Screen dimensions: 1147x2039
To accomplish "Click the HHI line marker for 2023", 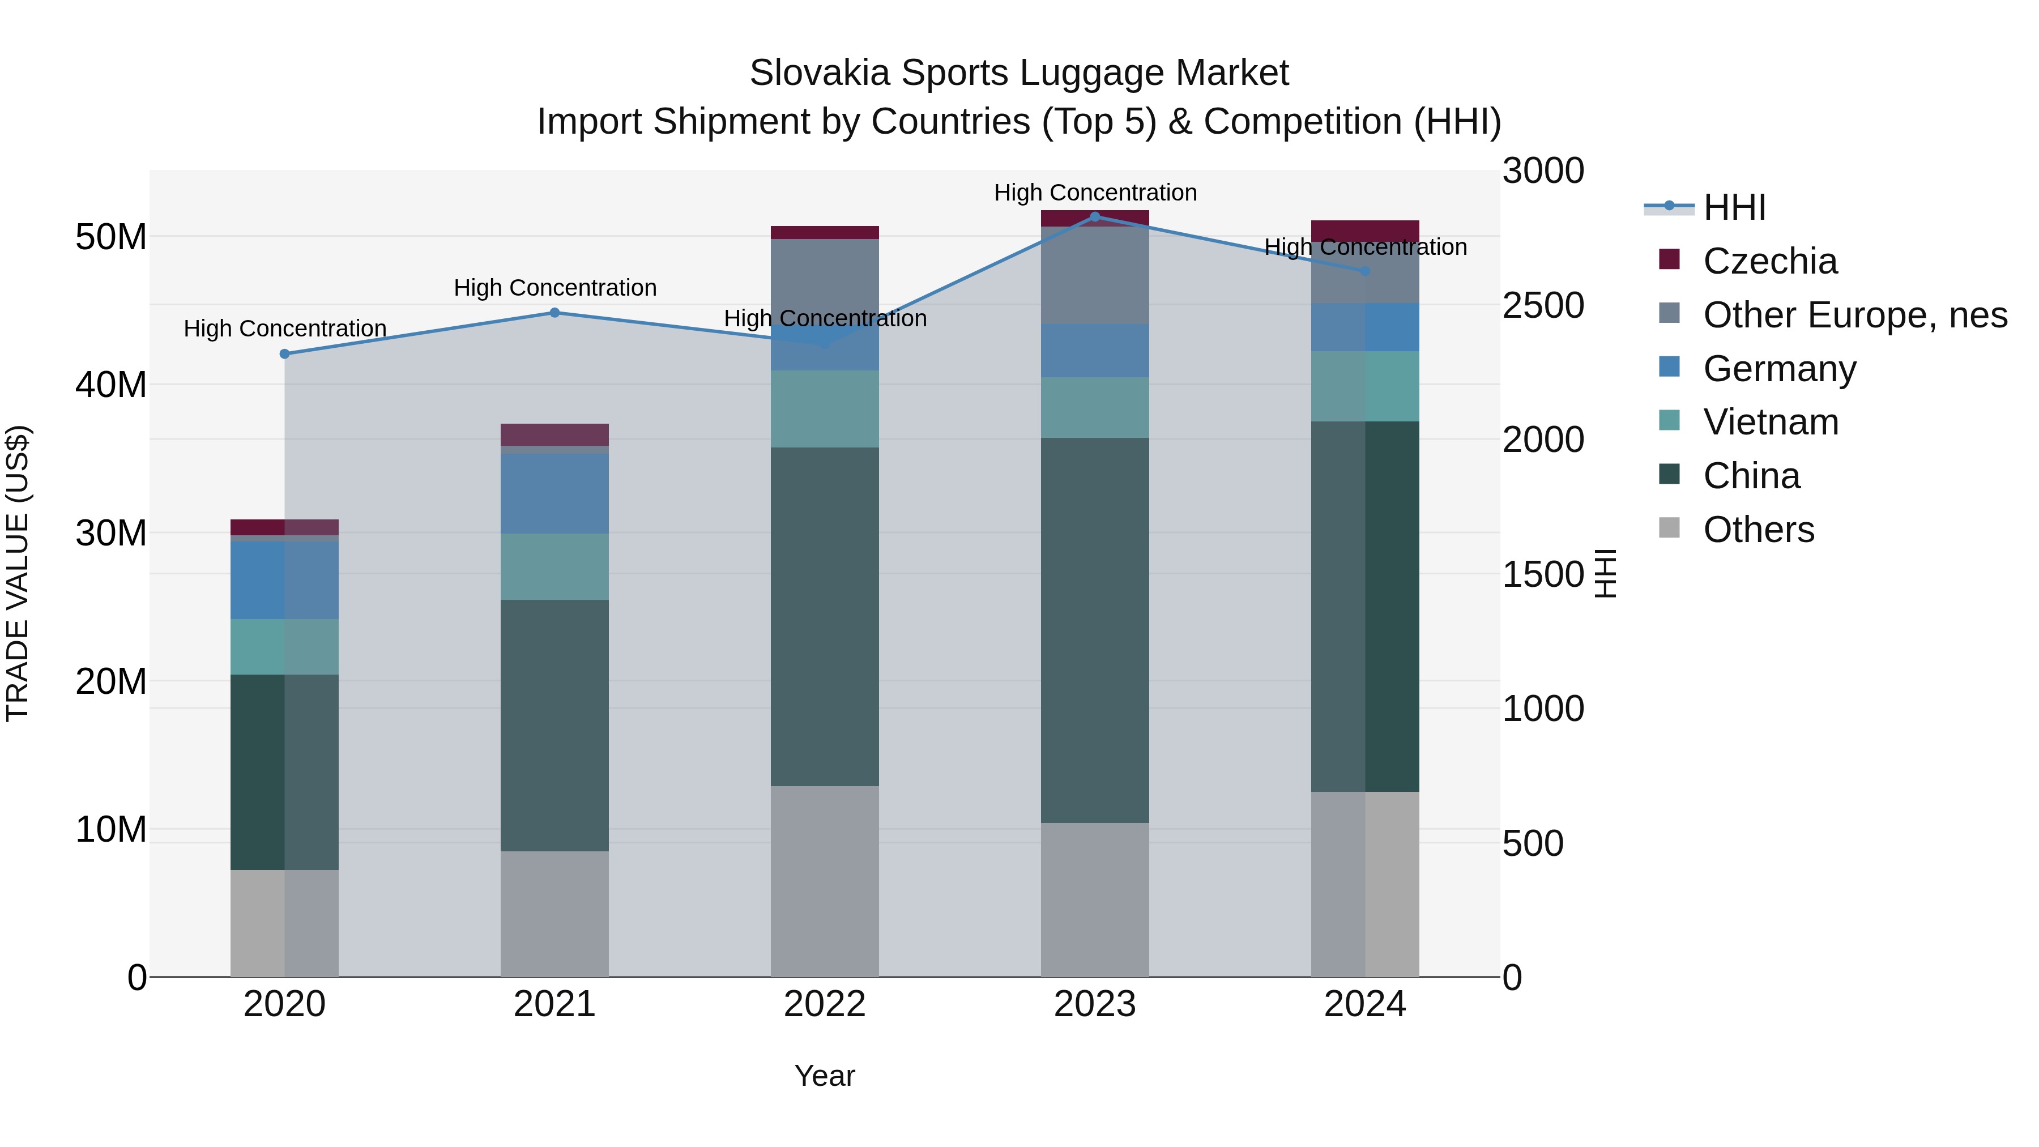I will coord(1095,216).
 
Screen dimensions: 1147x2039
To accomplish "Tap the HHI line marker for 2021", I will coord(555,313).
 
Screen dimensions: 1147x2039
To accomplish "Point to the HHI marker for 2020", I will coord(285,354).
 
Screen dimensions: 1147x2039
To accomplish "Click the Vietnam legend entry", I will coord(1770,422).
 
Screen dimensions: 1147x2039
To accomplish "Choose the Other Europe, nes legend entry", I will coord(1854,315).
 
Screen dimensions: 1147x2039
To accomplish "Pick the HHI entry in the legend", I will coord(1734,207).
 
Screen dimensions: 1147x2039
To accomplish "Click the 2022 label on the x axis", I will coord(824,1004).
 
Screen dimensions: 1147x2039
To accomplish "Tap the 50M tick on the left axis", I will coord(111,237).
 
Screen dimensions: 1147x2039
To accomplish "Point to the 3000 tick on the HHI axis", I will coord(1543,171).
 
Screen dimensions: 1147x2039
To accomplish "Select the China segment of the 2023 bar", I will coord(1095,629).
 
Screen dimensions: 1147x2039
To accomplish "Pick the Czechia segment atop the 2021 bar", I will coord(555,434).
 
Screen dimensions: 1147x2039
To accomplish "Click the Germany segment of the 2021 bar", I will coord(555,493).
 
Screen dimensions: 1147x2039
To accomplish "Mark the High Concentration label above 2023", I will coord(1095,193).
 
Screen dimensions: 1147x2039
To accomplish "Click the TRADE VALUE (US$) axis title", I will coord(18,573).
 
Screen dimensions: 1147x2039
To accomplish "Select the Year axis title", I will coord(824,1076).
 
